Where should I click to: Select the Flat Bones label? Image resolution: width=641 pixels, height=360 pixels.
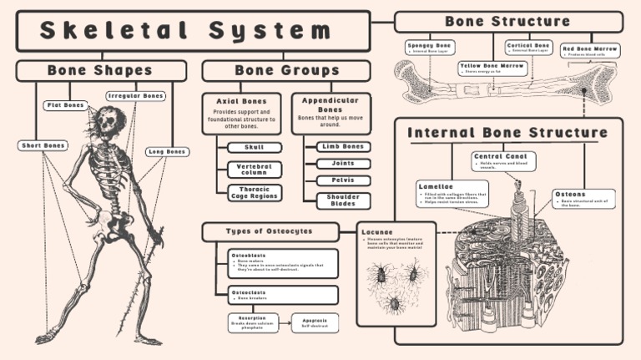(66, 105)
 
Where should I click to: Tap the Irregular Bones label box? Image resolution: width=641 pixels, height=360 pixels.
(136, 96)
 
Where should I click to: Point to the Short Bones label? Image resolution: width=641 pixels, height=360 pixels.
(43, 145)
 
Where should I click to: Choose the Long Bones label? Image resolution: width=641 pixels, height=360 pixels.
(167, 151)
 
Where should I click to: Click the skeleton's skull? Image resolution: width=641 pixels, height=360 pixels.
(106, 121)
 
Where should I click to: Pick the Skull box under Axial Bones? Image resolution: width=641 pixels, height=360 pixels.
(254, 147)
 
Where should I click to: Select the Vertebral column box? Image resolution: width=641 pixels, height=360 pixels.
(254, 169)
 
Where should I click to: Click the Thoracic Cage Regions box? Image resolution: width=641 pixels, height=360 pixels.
(254, 193)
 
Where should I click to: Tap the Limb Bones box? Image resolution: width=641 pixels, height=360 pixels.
(343, 147)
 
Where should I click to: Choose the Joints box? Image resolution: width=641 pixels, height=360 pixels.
(343, 164)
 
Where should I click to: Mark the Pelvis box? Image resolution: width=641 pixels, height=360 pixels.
(343, 180)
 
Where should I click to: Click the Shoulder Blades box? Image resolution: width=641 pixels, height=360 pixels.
(343, 200)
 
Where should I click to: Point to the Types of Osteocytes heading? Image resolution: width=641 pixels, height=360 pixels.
(270, 231)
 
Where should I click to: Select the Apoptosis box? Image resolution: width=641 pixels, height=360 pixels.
(315, 322)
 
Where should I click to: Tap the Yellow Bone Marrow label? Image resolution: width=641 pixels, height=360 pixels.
(492, 68)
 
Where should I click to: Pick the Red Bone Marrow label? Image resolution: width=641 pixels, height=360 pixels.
(590, 51)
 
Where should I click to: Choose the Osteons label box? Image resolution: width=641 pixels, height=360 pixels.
(583, 199)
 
